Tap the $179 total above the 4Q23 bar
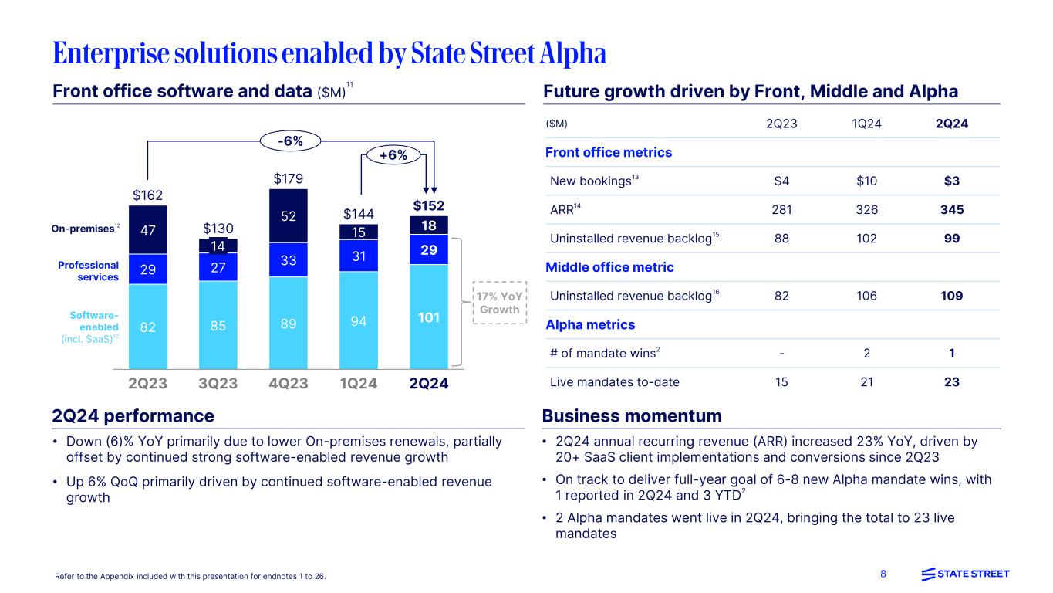[289, 179]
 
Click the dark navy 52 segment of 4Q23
[289, 215]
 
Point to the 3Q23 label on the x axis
[218, 384]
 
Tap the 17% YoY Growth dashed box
[500, 303]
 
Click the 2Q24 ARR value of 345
[952, 209]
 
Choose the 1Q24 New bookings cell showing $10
[867, 181]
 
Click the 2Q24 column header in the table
[952, 124]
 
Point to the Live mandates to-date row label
[615, 381]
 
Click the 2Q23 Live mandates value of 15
[781, 381]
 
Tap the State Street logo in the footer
[965, 574]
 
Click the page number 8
[884, 574]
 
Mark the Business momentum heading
[632, 416]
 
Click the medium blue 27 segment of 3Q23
[218, 267]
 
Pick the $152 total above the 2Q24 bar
[429, 206]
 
